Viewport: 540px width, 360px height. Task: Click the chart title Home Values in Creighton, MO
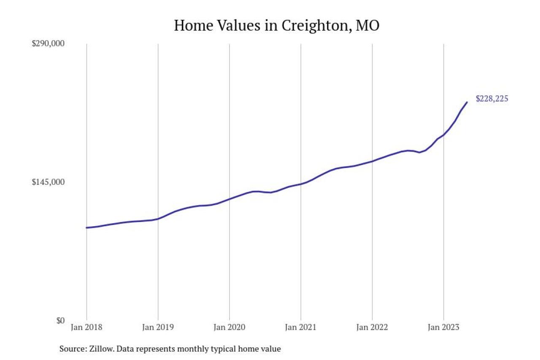276,26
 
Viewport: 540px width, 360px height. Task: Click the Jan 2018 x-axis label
86,328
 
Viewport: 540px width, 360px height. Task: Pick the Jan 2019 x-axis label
158,328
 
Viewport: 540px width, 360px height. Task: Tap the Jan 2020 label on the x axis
229,328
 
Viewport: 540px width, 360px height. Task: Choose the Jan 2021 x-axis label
301,328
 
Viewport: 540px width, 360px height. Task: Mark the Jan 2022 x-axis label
372,328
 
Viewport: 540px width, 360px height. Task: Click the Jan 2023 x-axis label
443,328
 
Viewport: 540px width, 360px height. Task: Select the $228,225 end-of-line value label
492,99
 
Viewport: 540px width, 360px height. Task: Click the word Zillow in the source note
100,349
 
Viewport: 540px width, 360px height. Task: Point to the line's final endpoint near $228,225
467,102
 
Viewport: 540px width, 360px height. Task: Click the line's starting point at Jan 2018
86,228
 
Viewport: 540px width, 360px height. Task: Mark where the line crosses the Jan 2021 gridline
301,184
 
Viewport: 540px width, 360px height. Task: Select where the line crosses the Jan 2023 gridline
443,135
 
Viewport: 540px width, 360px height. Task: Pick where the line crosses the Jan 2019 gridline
158,219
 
